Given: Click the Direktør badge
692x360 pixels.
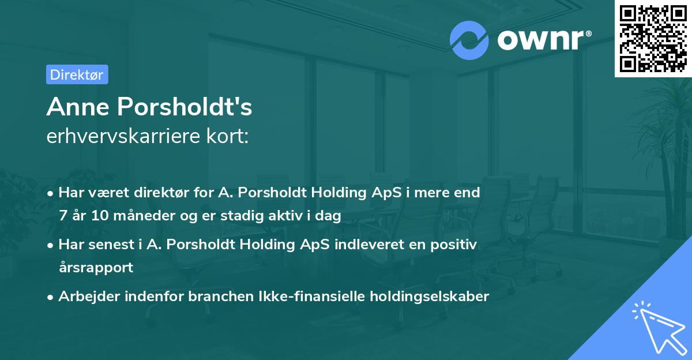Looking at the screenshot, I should coord(77,74).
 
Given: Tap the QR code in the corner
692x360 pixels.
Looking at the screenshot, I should coord(653,38).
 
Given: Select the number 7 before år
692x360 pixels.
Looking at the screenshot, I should coord(63,216).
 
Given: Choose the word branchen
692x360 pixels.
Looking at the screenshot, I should coord(209,297).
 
